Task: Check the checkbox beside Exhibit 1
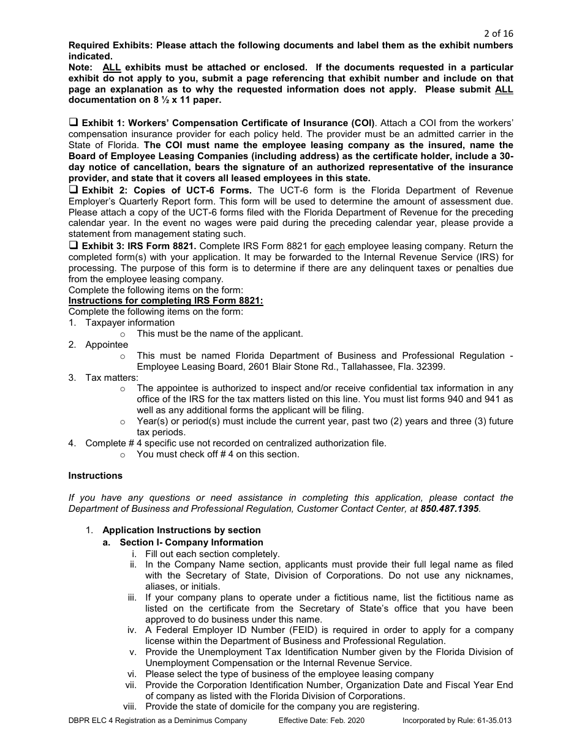(x=73, y=123)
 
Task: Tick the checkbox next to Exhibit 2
(x=73, y=190)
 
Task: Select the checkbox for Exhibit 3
(x=73, y=245)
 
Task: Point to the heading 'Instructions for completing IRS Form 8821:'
(x=165, y=301)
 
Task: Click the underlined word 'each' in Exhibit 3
(x=334, y=246)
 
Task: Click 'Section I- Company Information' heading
(x=191, y=542)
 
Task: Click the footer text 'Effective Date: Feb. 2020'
(x=321, y=721)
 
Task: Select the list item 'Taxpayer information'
(x=130, y=323)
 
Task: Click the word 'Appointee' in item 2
(x=107, y=345)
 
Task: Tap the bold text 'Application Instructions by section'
(x=181, y=530)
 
